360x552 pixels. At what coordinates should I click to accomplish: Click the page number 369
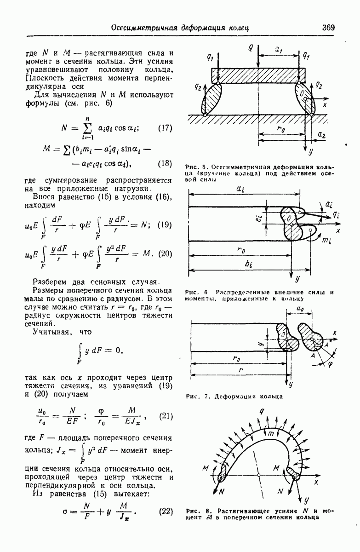click(328, 27)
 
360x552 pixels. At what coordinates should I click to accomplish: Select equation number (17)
click(165, 128)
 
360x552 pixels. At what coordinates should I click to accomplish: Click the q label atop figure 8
click(261, 412)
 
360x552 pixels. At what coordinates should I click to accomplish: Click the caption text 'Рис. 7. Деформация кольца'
click(234, 396)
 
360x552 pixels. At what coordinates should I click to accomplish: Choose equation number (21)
click(165, 417)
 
